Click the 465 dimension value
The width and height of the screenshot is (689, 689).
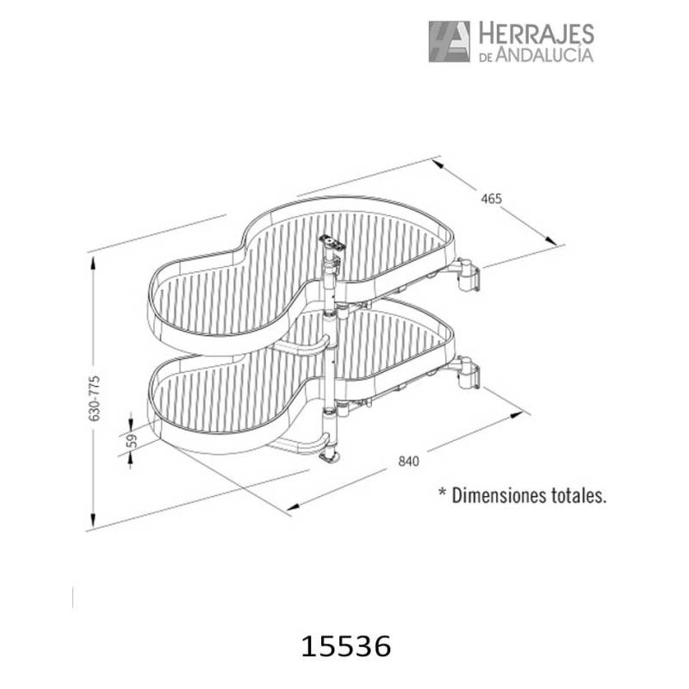click(x=491, y=199)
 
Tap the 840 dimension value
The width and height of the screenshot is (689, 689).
click(x=408, y=462)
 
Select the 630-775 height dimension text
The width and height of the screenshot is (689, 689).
click(x=95, y=398)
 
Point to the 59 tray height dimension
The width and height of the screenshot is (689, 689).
click(x=132, y=440)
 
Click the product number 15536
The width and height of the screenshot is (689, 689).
click(x=346, y=647)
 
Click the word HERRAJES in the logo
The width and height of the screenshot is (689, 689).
click(x=536, y=34)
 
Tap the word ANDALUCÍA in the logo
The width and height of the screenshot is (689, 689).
click(x=544, y=54)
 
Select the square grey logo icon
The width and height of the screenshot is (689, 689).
click(x=449, y=41)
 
